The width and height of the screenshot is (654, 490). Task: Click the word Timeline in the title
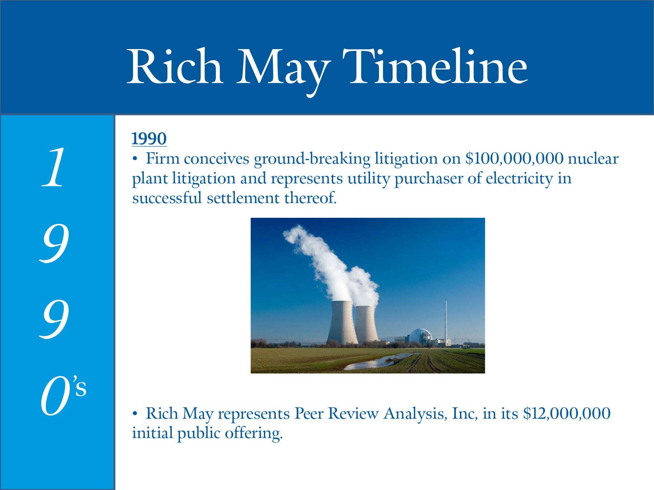click(x=435, y=66)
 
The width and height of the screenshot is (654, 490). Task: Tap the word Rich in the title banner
click(x=175, y=66)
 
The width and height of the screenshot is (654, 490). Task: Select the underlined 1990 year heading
click(x=149, y=139)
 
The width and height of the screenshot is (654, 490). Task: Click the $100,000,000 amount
click(x=514, y=159)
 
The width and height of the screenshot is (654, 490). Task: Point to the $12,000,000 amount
click(x=567, y=414)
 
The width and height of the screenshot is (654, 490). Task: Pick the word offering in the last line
click(x=254, y=433)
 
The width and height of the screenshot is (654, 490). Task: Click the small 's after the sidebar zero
click(x=80, y=386)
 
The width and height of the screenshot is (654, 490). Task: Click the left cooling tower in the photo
click(x=342, y=322)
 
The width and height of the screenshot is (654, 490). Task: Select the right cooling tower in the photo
click(x=366, y=324)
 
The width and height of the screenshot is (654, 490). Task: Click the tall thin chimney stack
click(x=446, y=322)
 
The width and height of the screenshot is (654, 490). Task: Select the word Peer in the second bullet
click(x=309, y=414)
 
